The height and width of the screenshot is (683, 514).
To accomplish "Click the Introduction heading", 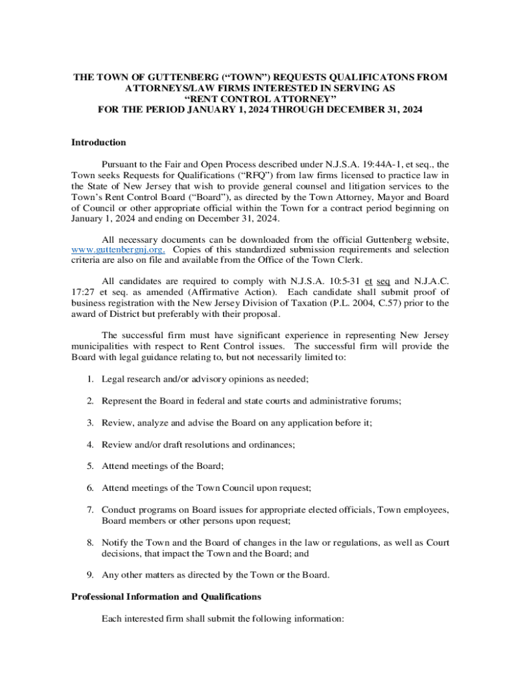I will pos(99,142).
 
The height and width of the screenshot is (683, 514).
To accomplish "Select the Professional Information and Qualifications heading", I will pos(166,596).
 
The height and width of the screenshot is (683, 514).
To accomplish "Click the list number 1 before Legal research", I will pos(89,379).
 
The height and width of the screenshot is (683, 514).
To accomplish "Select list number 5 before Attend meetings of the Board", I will pos(89,466).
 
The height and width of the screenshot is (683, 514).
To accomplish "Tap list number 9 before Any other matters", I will pos(89,574).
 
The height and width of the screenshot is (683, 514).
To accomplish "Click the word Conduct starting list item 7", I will pos(117,510).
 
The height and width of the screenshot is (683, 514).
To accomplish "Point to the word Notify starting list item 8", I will pos(115,542).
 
